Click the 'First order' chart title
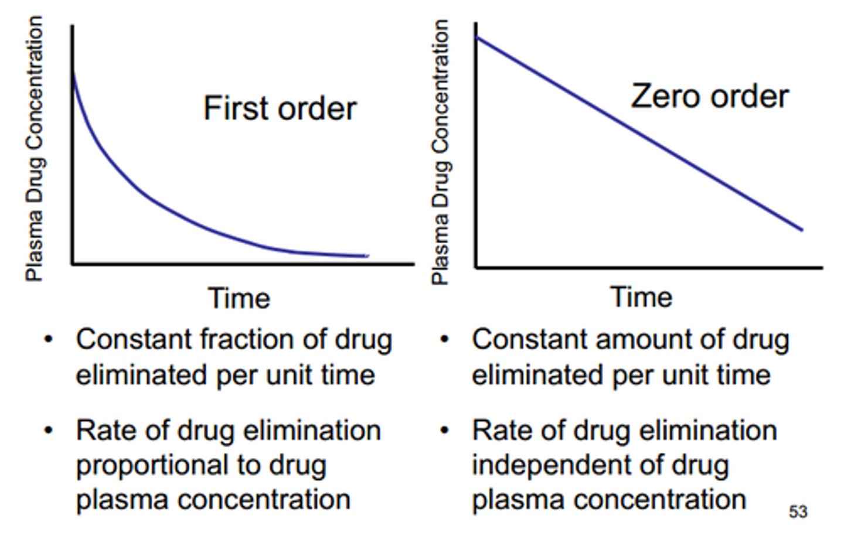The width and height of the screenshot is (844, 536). click(x=280, y=109)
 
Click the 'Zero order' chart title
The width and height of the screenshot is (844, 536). click(x=709, y=97)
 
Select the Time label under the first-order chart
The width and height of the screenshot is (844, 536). click(x=239, y=298)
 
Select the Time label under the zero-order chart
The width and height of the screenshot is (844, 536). click(x=641, y=296)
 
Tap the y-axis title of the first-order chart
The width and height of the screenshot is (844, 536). click(x=35, y=149)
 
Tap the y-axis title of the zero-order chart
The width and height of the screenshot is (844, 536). click(x=440, y=152)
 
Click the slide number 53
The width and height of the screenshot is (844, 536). click(x=798, y=511)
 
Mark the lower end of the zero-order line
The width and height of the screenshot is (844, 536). click(x=801, y=230)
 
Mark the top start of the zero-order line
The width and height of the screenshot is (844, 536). click(x=477, y=37)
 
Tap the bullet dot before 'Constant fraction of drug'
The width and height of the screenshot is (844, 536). click(x=49, y=340)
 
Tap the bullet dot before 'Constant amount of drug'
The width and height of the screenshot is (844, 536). click(x=445, y=340)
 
